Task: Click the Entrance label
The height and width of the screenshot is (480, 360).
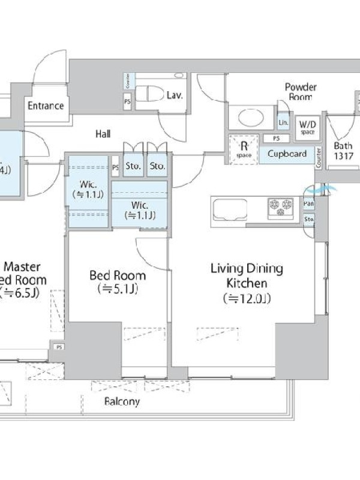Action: point(46,106)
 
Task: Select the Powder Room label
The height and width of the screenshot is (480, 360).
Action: point(301,92)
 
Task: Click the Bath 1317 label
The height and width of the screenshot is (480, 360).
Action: point(343,150)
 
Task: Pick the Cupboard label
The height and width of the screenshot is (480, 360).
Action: point(287,154)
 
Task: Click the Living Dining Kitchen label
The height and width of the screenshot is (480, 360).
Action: point(246,276)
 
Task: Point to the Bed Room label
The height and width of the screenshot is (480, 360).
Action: point(118,276)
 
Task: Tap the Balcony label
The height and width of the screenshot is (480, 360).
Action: point(122,401)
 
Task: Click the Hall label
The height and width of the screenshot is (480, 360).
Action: point(103,134)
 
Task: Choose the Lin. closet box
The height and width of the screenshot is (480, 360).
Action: point(283,122)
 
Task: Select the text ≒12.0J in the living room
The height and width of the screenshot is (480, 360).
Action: point(246,298)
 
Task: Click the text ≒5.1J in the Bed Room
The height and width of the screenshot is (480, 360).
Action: point(118,290)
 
